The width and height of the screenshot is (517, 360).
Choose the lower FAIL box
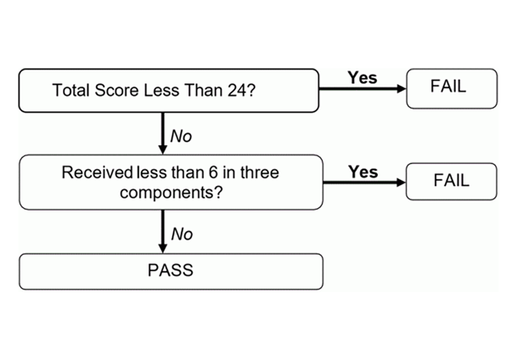pos(451,181)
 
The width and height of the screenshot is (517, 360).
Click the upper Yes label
pos(362,78)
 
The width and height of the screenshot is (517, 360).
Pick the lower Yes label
pos(362,172)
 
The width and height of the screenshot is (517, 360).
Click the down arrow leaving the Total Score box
pos(162,132)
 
